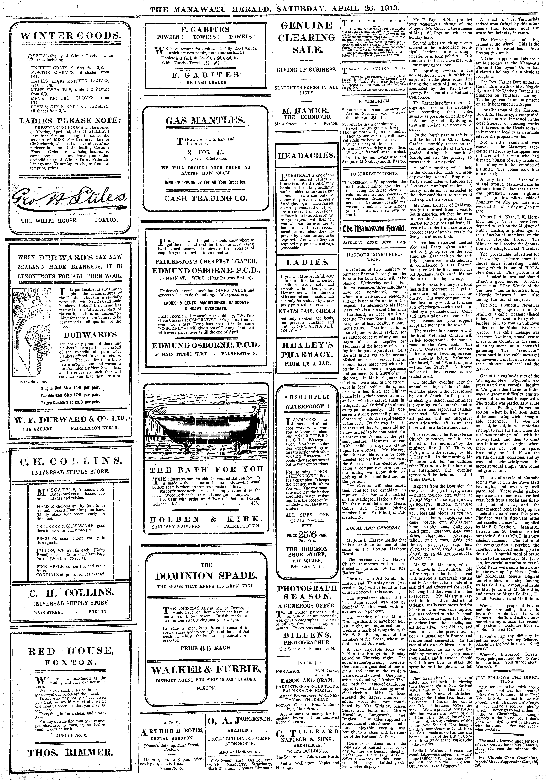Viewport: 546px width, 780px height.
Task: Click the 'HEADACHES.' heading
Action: [x=306, y=155]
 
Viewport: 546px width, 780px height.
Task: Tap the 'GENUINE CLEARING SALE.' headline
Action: [x=306, y=38]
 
